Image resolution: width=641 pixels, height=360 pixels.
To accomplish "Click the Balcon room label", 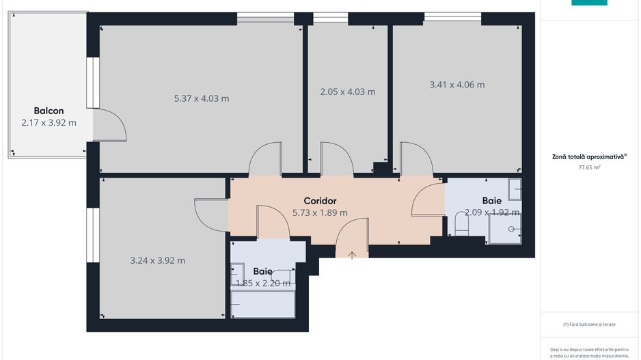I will [x=49, y=111].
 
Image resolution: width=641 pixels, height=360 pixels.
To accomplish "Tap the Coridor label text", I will [x=320, y=201].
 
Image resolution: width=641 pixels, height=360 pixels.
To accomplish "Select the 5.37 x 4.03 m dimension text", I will [x=202, y=98].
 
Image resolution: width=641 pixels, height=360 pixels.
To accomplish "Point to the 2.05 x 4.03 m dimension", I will [x=348, y=92].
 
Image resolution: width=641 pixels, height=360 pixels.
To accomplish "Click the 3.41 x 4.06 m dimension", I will [x=456, y=85].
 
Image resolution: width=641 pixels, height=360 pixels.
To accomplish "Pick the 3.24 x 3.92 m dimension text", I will [x=157, y=260].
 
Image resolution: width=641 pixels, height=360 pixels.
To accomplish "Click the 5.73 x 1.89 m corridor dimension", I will [x=320, y=212].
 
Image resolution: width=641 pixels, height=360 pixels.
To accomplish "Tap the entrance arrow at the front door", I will [x=352, y=255].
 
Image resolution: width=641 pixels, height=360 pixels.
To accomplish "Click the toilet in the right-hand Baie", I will [x=461, y=223].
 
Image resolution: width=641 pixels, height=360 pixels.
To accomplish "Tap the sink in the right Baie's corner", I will [x=515, y=189].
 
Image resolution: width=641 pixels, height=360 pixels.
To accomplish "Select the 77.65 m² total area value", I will [x=589, y=167].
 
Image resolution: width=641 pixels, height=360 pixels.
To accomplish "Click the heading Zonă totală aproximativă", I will [x=589, y=156].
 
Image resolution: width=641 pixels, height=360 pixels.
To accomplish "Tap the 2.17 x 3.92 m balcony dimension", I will [x=49, y=122].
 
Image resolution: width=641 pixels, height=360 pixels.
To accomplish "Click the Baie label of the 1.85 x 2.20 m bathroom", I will [x=262, y=271].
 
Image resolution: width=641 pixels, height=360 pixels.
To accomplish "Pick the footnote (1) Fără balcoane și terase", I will [x=589, y=324].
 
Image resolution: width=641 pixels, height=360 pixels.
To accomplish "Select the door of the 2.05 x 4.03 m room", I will [x=336, y=158].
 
